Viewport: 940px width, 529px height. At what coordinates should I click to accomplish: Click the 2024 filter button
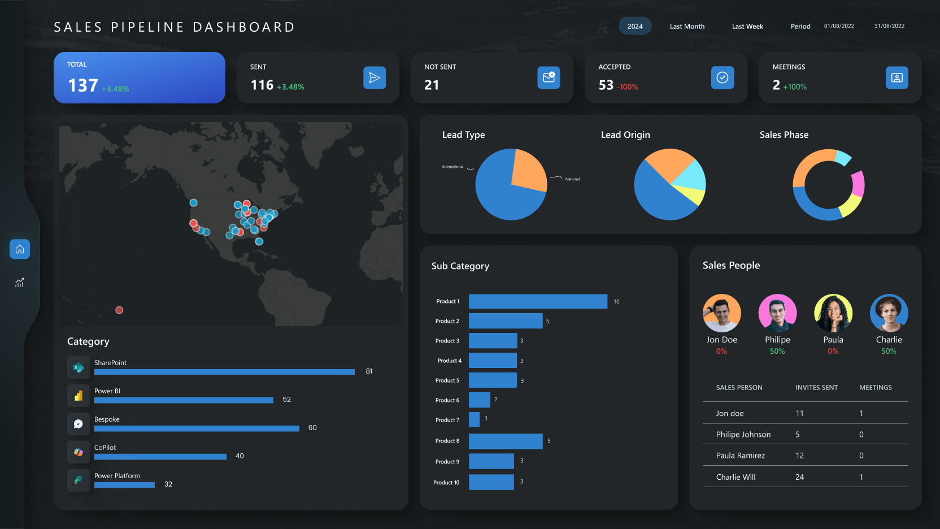click(x=635, y=27)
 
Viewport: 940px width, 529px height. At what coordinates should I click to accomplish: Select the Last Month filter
click(x=687, y=27)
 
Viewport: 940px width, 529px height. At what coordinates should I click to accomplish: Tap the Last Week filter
click(x=747, y=27)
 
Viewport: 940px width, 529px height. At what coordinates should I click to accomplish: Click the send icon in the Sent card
click(x=375, y=78)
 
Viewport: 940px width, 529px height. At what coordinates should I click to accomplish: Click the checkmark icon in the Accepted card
click(x=723, y=78)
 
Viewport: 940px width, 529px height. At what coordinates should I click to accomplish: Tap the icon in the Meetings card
click(x=897, y=78)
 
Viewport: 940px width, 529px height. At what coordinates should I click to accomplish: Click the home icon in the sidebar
click(x=20, y=249)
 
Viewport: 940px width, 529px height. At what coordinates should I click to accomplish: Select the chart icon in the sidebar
click(x=20, y=283)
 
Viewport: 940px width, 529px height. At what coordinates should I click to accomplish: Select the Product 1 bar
click(x=538, y=301)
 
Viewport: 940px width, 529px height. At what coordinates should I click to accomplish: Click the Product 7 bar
click(x=474, y=420)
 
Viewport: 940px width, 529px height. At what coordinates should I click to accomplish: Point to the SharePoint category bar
click(x=224, y=372)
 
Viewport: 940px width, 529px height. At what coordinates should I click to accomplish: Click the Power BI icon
click(x=79, y=396)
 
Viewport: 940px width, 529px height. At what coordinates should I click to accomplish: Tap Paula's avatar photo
click(x=833, y=313)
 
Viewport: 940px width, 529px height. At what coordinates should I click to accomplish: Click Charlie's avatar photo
click(x=889, y=313)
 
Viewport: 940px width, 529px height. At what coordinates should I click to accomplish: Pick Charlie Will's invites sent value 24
click(x=799, y=477)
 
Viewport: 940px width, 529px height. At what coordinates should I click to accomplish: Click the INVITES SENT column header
click(x=816, y=388)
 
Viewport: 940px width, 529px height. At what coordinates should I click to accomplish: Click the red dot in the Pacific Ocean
click(x=119, y=310)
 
